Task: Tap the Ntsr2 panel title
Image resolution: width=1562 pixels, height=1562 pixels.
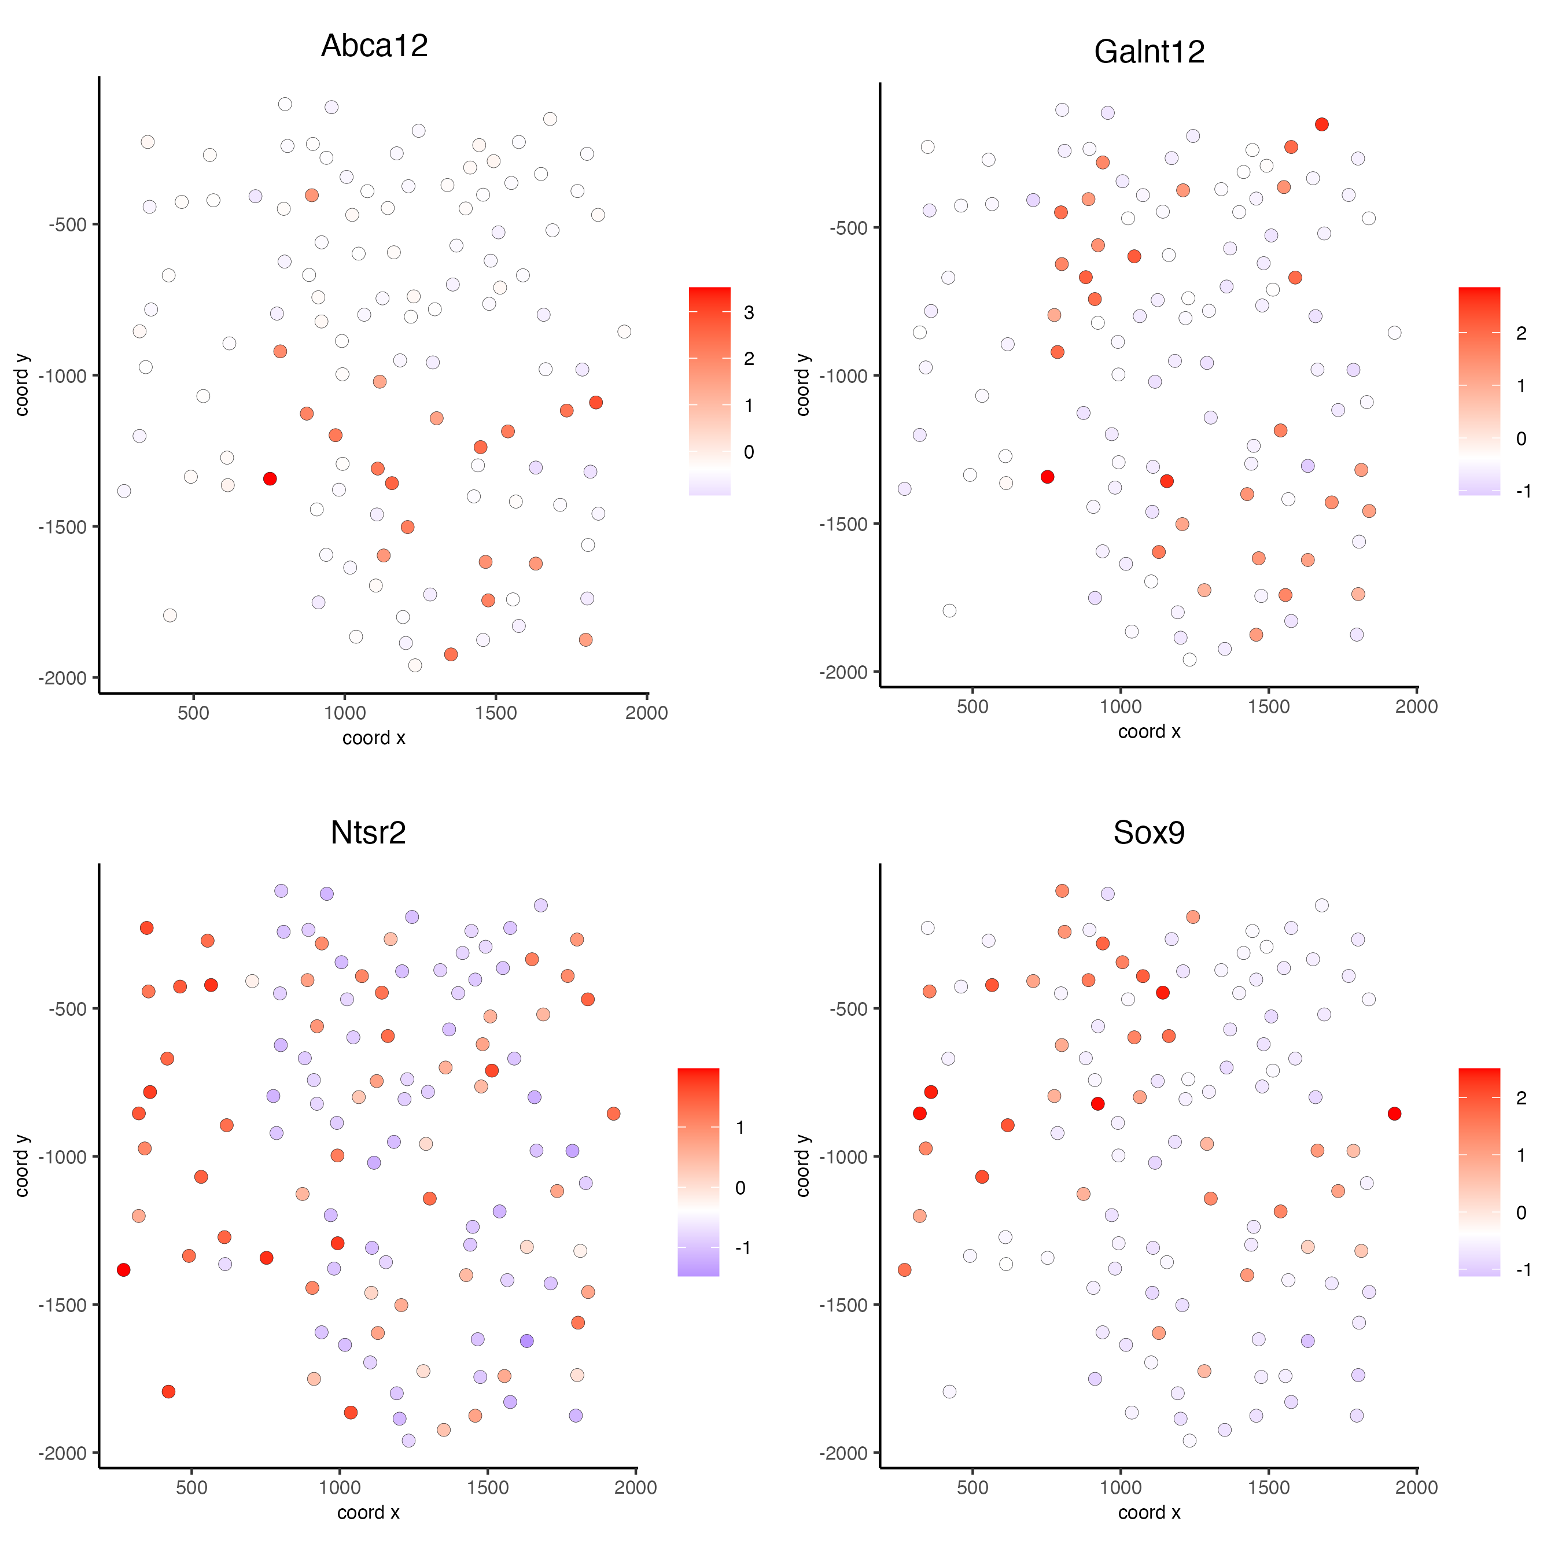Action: tap(368, 832)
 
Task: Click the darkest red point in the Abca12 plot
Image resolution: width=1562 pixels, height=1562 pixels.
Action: tap(270, 478)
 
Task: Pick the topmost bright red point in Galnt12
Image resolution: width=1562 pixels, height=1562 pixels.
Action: tap(1321, 124)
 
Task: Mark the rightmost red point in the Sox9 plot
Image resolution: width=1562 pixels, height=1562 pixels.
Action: tap(1394, 1114)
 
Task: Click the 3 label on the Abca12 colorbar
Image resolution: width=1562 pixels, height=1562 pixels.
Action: tap(749, 313)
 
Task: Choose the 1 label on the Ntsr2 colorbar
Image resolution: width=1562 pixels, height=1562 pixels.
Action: tap(740, 1128)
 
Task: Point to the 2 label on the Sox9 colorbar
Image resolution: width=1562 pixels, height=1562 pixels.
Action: tap(1522, 1098)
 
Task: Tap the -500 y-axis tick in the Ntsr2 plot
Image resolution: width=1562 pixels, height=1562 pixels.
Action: tap(68, 1009)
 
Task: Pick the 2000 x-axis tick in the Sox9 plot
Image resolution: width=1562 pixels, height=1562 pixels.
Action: tap(1416, 1487)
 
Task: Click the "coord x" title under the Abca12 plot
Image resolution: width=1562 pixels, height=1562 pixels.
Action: tap(374, 738)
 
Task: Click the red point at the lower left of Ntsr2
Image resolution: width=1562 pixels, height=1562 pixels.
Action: tap(168, 1391)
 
